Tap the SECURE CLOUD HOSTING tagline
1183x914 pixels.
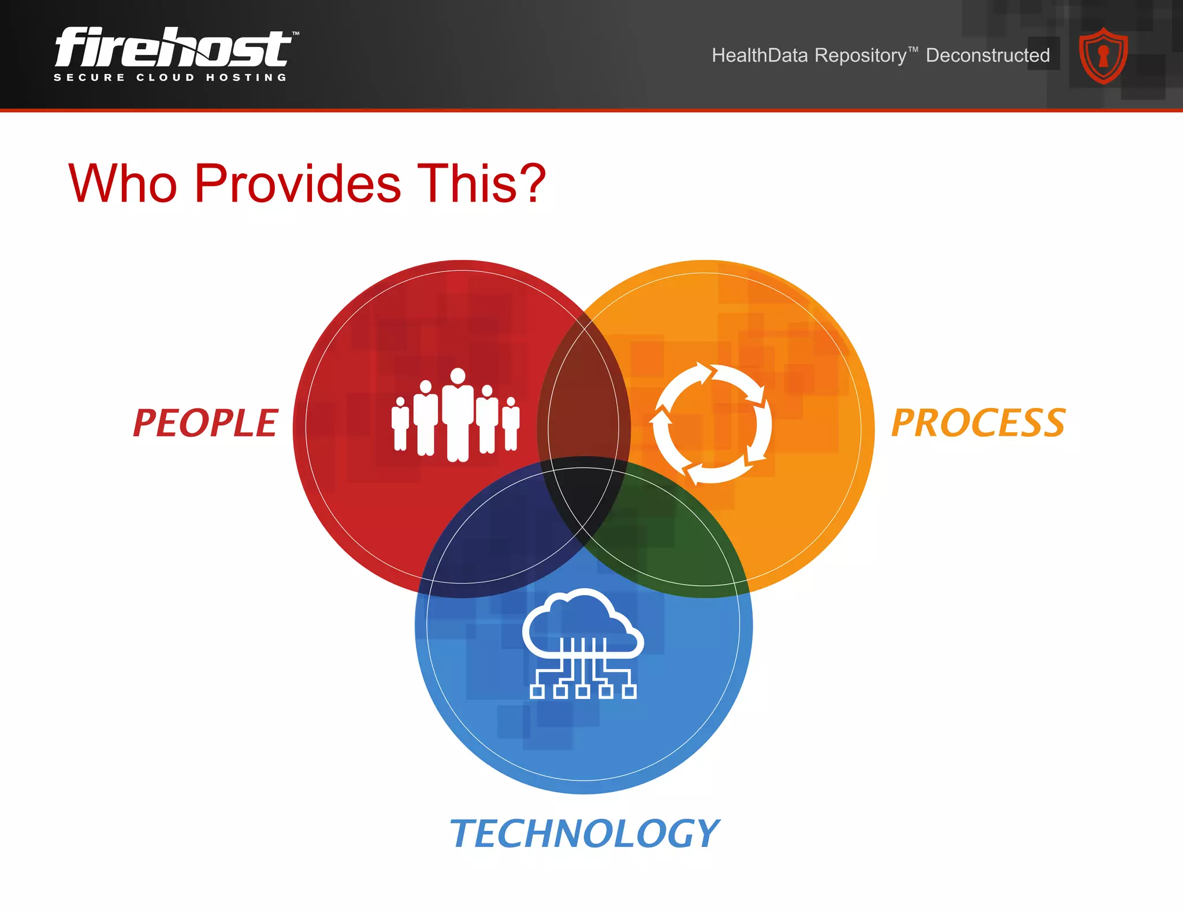[x=170, y=77]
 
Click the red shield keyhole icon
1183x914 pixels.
[x=1103, y=56]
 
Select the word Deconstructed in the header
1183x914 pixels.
[x=988, y=55]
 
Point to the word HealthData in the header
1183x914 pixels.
[x=760, y=55]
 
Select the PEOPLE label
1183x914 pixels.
[x=206, y=423]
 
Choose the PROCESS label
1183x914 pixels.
[x=978, y=423]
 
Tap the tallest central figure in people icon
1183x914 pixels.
[x=458, y=415]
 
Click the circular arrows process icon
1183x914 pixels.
[x=711, y=423]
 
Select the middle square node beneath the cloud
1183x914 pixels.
[x=583, y=691]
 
